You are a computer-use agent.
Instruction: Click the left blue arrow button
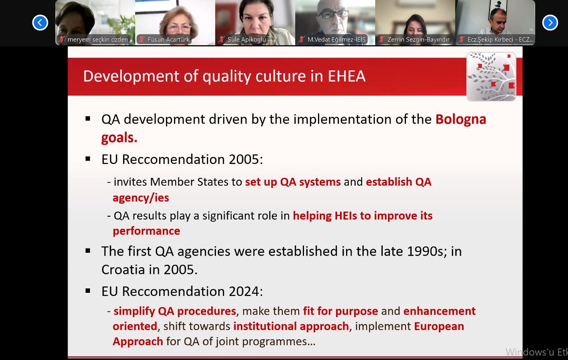(40, 23)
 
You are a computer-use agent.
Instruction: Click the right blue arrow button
(550, 23)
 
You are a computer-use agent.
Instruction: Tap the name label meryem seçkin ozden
(98, 40)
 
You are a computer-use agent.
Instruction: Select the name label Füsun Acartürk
(168, 40)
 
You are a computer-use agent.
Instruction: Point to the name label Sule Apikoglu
(246, 40)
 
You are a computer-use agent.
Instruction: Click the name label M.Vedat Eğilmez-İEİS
(336, 40)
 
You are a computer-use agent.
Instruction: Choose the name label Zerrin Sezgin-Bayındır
(418, 40)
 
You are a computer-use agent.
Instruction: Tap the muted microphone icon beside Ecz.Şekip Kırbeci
(462, 39)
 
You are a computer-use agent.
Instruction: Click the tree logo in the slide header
(491, 76)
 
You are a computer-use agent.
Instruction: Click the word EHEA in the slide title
(347, 76)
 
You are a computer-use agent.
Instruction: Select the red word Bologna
(461, 120)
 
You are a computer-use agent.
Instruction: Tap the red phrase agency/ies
(141, 198)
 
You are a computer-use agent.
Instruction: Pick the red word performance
(146, 231)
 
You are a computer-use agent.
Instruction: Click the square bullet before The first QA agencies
(88, 251)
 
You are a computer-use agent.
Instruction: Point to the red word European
(439, 326)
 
